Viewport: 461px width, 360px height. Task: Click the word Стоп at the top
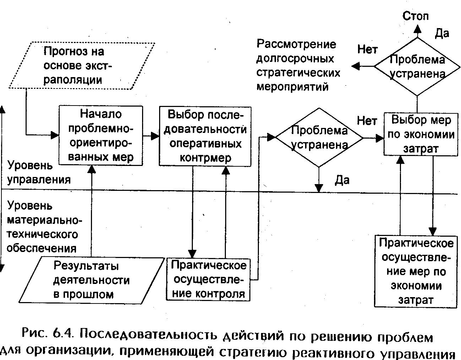click(416, 16)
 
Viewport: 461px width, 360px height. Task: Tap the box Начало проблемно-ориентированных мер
click(101, 136)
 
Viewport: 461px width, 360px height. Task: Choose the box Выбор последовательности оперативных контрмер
click(205, 136)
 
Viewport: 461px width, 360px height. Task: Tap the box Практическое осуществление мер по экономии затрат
click(416, 271)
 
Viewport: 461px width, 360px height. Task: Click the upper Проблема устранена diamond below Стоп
click(417, 66)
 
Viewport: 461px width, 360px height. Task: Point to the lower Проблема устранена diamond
click(319, 138)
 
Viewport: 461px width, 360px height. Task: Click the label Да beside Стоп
click(442, 33)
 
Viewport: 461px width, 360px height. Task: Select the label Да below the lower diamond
click(342, 181)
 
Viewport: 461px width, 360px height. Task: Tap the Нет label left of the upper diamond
click(367, 49)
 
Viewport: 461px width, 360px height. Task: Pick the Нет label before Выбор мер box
click(367, 121)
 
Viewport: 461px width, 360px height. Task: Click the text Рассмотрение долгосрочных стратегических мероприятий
click(298, 66)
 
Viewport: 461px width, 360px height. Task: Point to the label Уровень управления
click(39, 172)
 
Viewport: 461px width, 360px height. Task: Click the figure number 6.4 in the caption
click(63, 334)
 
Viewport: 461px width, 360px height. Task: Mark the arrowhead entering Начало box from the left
click(55, 135)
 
